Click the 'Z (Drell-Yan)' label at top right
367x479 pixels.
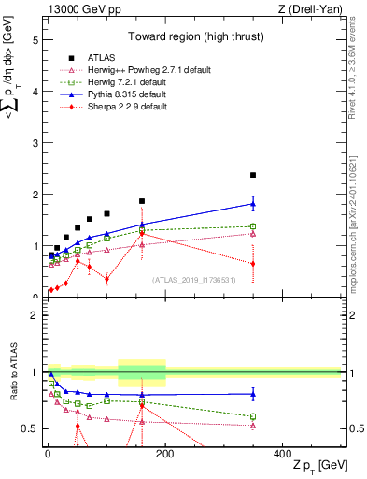click(309, 10)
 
